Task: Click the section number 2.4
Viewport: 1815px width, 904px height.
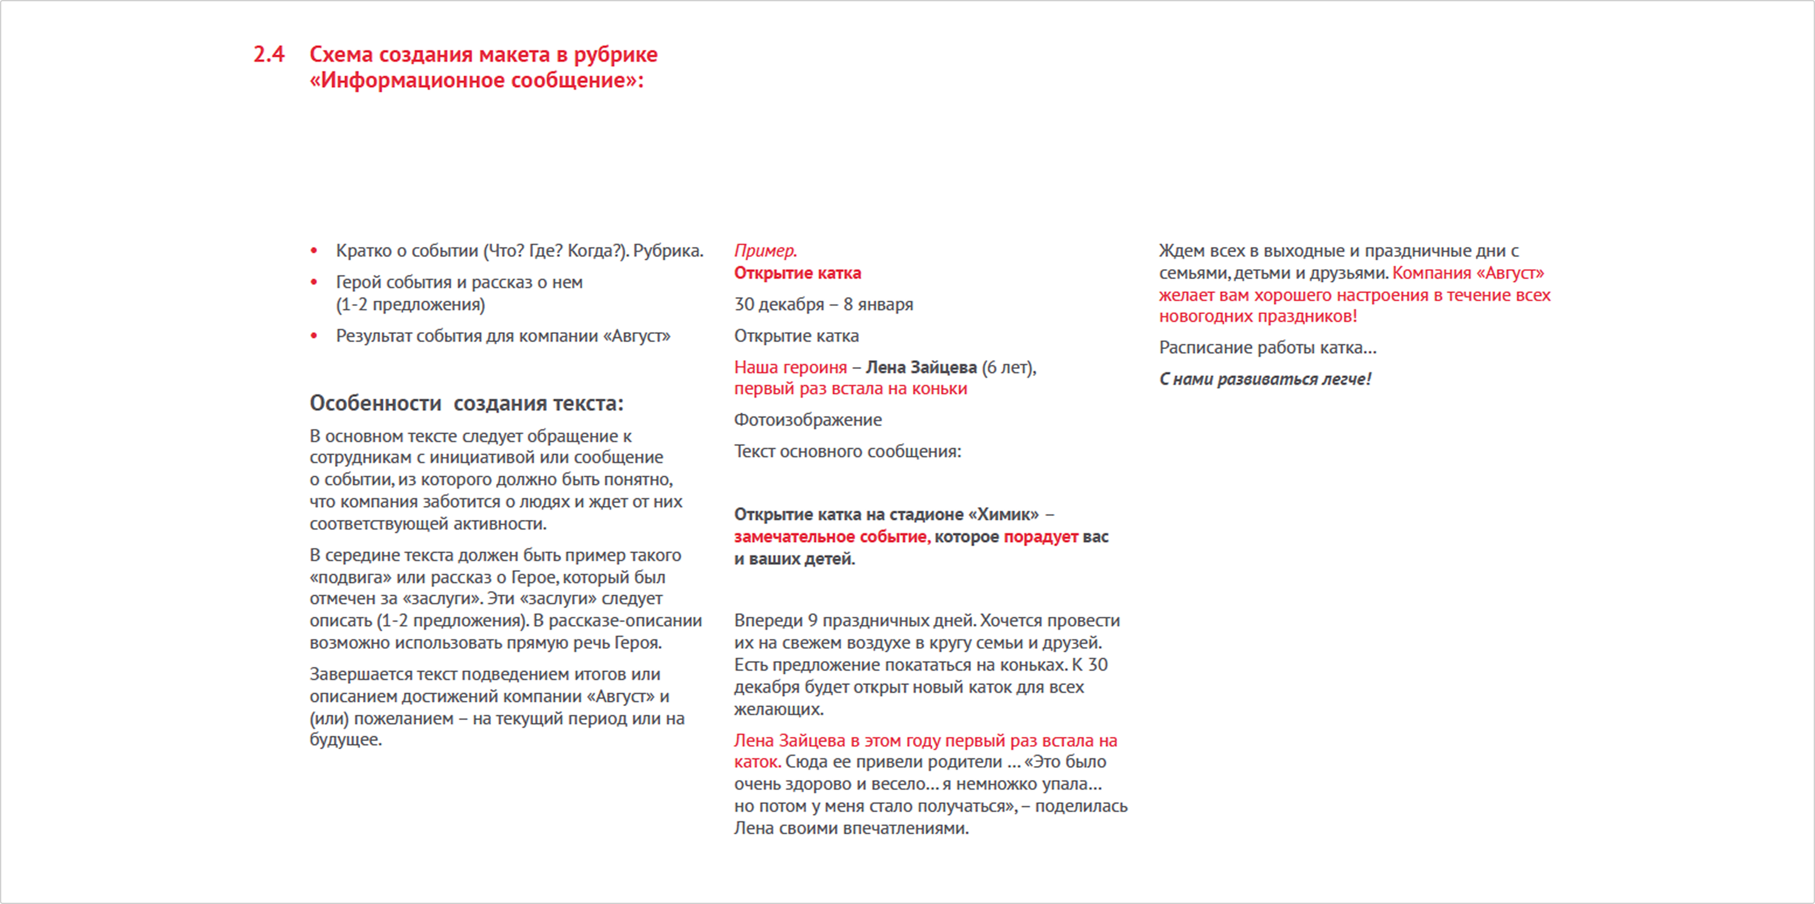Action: pos(268,54)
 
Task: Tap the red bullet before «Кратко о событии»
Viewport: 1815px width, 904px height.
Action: pos(314,251)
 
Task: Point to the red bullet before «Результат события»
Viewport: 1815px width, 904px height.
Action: pos(314,336)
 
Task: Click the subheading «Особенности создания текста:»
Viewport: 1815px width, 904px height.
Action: pos(466,404)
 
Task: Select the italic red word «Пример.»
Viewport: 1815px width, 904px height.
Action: pos(765,251)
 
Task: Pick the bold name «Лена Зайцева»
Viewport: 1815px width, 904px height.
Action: pos(921,367)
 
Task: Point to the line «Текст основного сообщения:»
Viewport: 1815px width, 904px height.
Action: pos(847,451)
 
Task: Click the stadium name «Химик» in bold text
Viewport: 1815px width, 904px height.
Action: pos(1004,515)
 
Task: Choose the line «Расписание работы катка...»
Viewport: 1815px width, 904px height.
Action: pos(1267,348)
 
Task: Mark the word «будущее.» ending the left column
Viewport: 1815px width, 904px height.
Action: pos(345,740)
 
